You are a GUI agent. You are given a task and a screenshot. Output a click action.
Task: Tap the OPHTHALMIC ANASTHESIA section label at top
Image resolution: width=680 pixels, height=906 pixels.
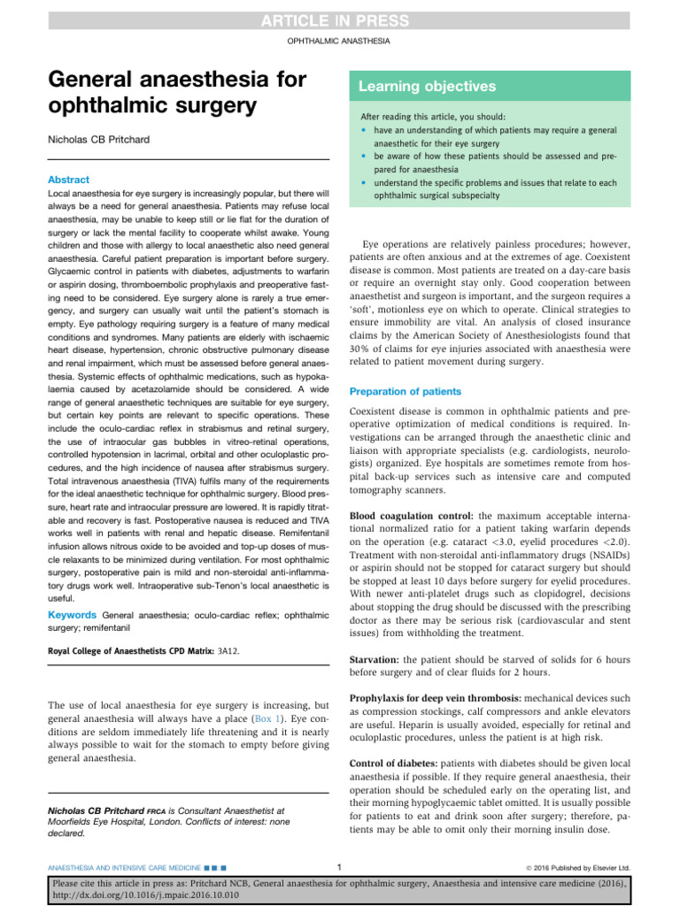339,42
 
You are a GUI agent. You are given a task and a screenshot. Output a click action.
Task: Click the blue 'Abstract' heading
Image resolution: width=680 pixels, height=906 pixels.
68,179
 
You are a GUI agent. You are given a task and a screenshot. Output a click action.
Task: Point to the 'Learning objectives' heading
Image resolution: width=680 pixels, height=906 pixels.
427,87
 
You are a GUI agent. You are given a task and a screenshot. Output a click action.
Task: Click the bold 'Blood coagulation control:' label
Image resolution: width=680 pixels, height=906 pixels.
412,514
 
